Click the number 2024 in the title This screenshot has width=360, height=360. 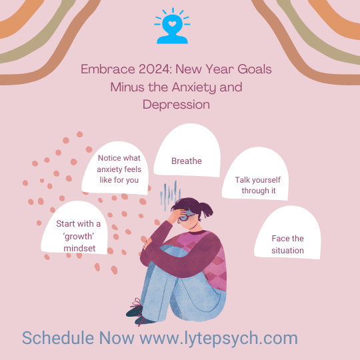click(151, 69)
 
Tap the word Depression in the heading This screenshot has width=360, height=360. click(176, 105)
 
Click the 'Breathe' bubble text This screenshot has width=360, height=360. click(187, 161)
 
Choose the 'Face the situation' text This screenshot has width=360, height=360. click(288, 245)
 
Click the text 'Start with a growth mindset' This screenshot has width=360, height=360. click(79, 236)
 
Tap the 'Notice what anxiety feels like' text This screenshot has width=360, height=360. click(119, 170)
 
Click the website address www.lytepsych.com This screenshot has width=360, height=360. click(218, 338)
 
